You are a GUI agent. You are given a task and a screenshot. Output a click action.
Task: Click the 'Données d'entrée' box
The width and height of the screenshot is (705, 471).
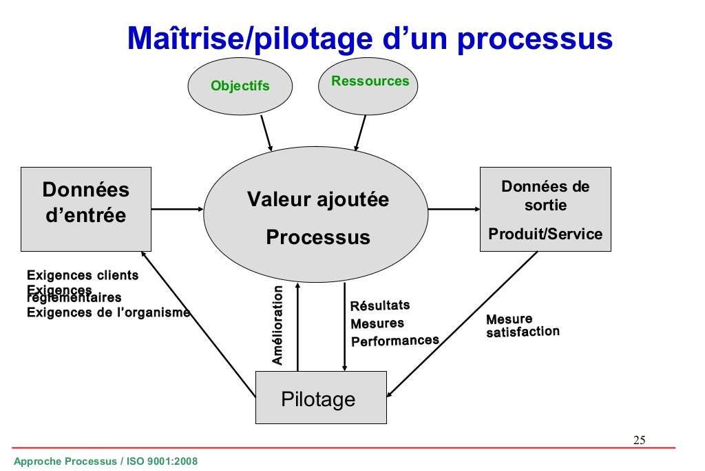click(85, 208)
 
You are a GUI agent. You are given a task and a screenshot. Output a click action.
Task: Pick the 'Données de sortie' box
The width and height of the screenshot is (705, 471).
click(545, 196)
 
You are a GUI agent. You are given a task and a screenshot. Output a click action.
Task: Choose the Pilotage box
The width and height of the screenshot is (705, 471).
click(320, 398)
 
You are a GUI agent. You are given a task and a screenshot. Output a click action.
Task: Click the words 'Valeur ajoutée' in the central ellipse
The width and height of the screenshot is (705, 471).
click(317, 200)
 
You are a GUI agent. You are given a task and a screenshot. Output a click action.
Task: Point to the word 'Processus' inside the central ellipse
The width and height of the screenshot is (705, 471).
click(317, 237)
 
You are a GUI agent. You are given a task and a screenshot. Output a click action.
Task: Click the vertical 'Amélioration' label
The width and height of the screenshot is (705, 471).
click(277, 325)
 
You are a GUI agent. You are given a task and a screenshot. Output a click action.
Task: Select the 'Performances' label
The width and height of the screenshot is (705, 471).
click(394, 341)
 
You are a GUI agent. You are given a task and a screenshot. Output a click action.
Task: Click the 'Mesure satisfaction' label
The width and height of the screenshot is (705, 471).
click(522, 325)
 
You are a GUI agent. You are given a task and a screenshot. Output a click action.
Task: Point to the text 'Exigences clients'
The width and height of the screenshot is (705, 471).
click(83, 276)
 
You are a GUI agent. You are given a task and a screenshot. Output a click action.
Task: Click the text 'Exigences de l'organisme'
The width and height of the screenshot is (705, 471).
click(108, 313)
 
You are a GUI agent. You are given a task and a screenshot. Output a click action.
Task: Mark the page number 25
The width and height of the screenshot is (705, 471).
click(639, 441)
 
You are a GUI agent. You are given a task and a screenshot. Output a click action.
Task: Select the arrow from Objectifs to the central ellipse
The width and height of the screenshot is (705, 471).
click(266, 132)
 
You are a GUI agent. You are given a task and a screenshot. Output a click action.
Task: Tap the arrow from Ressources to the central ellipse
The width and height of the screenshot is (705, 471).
click(360, 132)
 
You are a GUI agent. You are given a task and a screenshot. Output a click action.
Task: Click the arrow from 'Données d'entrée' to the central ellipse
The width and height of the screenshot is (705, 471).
click(177, 209)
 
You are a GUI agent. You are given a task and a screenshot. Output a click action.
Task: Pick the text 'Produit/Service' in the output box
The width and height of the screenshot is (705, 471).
click(545, 234)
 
